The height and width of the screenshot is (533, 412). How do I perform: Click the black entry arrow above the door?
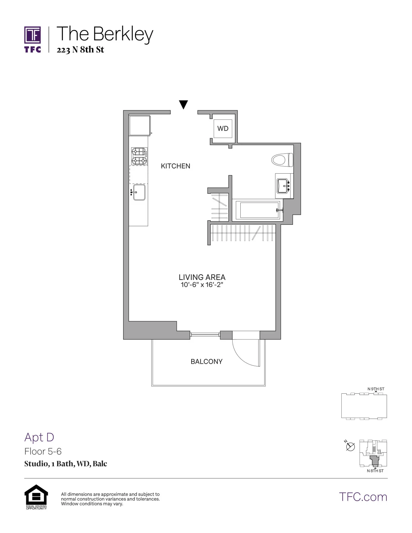[x=183, y=105]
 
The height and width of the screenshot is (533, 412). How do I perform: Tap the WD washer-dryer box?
[x=223, y=129]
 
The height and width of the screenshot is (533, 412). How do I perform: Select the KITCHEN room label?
[x=175, y=166]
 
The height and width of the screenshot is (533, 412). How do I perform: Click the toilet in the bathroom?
[x=282, y=160]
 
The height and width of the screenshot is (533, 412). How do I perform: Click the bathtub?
[x=257, y=210]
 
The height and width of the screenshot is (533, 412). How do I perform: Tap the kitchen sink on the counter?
[x=139, y=192]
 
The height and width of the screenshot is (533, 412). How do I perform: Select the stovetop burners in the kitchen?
[x=139, y=156]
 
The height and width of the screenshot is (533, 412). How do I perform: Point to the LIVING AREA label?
[x=202, y=277]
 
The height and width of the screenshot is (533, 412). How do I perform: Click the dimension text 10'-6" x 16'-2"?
[x=202, y=285]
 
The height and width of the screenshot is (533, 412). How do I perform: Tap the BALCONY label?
[x=206, y=361]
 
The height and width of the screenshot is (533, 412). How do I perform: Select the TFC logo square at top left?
[x=32, y=35]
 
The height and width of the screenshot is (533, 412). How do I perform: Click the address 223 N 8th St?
[x=80, y=50]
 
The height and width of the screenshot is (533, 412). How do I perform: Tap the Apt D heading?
[x=39, y=437]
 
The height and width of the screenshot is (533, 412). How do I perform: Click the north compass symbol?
[x=350, y=446]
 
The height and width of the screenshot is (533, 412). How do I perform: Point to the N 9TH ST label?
[x=376, y=389]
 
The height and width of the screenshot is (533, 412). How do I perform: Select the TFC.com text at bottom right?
[x=363, y=497]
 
